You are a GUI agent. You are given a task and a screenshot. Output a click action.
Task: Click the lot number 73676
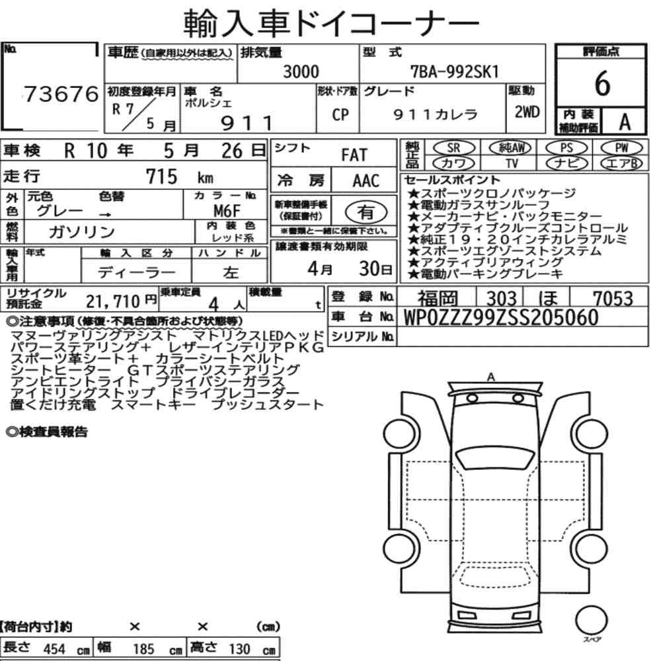pyautogui.click(x=61, y=94)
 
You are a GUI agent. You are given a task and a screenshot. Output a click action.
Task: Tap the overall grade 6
pyautogui.click(x=602, y=83)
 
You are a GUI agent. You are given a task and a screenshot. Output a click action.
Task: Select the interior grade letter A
pyautogui.click(x=625, y=122)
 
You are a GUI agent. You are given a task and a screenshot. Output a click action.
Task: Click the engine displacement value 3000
pyautogui.click(x=301, y=71)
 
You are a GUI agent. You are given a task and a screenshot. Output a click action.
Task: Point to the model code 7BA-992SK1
pyautogui.click(x=455, y=71)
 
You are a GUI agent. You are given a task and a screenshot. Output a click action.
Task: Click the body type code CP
pyautogui.click(x=340, y=114)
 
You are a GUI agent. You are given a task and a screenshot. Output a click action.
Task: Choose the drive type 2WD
pyautogui.click(x=527, y=112)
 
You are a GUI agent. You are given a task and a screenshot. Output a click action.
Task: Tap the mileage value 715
pyautogui.click(x=161, y=176)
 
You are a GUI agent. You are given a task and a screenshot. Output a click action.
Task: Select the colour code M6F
pyautogui.click(x=227, y=210)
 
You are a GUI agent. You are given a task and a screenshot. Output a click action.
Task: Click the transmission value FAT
pyautogui.click(x=354, y=155)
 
